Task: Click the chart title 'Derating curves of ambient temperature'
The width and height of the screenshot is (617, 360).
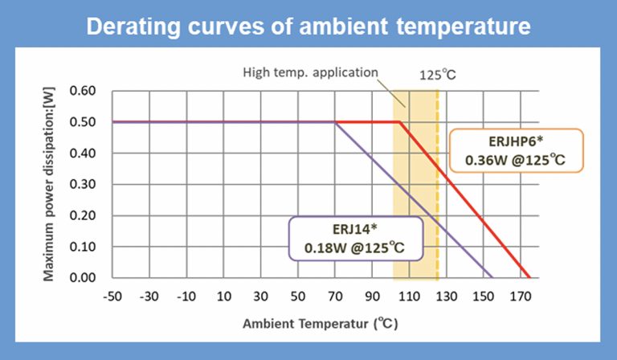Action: click(308, 26)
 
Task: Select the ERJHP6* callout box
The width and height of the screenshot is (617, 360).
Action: click(514, 150)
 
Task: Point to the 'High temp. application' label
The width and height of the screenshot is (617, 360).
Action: click(310, 72)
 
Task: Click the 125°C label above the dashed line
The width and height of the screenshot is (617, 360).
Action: click(437, 76)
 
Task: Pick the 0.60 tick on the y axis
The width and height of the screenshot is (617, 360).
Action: click(83, 91)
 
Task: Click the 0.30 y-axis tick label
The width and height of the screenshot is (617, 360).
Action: click(83, 184)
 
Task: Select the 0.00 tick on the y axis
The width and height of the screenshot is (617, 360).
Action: click(83, 278)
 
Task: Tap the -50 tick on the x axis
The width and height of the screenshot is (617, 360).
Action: click(112, 296)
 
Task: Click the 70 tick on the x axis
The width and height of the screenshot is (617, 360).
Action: click(335, 296)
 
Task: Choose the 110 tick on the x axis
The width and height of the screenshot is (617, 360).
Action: click(409, 296)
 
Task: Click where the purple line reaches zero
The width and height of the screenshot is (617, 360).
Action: click(492, 277)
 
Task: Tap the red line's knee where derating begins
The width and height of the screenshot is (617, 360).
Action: click(400, 122)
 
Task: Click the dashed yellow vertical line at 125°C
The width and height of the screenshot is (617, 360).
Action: click(437, 201)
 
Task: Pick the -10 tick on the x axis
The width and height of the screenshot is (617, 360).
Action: click(186, 296)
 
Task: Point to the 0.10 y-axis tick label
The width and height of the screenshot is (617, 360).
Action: click(83, 247)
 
